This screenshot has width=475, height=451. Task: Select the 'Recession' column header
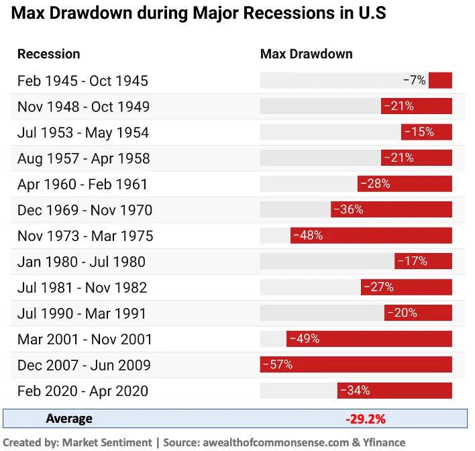click(x=48, y=54)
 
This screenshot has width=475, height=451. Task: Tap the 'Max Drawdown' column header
click(x=306, y=54)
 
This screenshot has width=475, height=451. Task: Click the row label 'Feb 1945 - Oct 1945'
click(x=83, y=81)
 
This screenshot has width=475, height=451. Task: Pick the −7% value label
click(x=415, y=81)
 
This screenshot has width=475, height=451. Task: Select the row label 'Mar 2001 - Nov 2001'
click(x=85, y=340)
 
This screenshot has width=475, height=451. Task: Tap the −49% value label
click(x=304, y=339)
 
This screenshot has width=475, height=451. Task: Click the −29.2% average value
click(x=366, y=419)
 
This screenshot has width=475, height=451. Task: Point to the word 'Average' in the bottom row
click(x=69, y=419)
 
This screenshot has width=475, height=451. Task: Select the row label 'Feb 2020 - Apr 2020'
click(x=83, y=391)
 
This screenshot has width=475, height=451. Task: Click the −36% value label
click(x=348, y=209)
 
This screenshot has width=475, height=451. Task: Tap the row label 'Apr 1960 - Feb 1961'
click(x=82, y=184)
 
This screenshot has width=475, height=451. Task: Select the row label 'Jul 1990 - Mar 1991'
click(x=82, y=313)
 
